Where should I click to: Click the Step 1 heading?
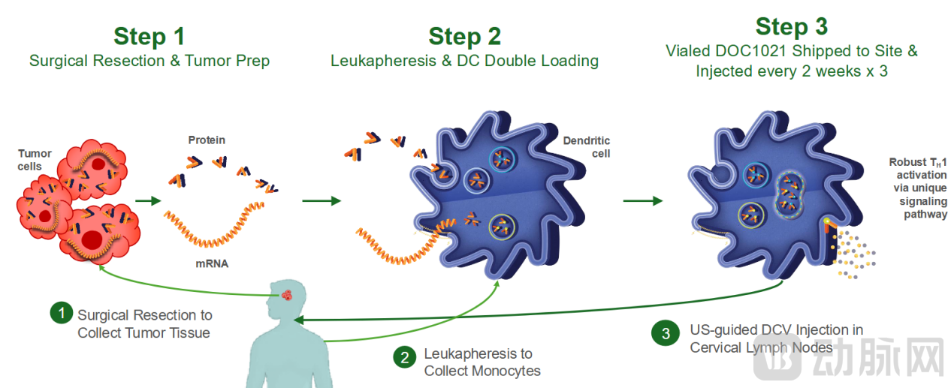coord(149,36)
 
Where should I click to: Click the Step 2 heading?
coord(464,36)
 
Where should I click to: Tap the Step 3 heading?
coord(791,26)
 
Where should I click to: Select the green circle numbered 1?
coord(61,313)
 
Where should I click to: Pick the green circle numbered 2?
coord(405,356)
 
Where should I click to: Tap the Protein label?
coord(207,140)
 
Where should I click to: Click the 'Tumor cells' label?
coord(35,159)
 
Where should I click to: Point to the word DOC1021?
coord(762,52)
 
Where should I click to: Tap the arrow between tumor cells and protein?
coord(148,201)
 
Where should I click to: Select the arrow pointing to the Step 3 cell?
coord(642,201)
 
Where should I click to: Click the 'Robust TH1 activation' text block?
coord(917,188)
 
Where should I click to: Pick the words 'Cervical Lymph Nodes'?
coord(761,347)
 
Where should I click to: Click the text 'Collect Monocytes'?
coord(482,371)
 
